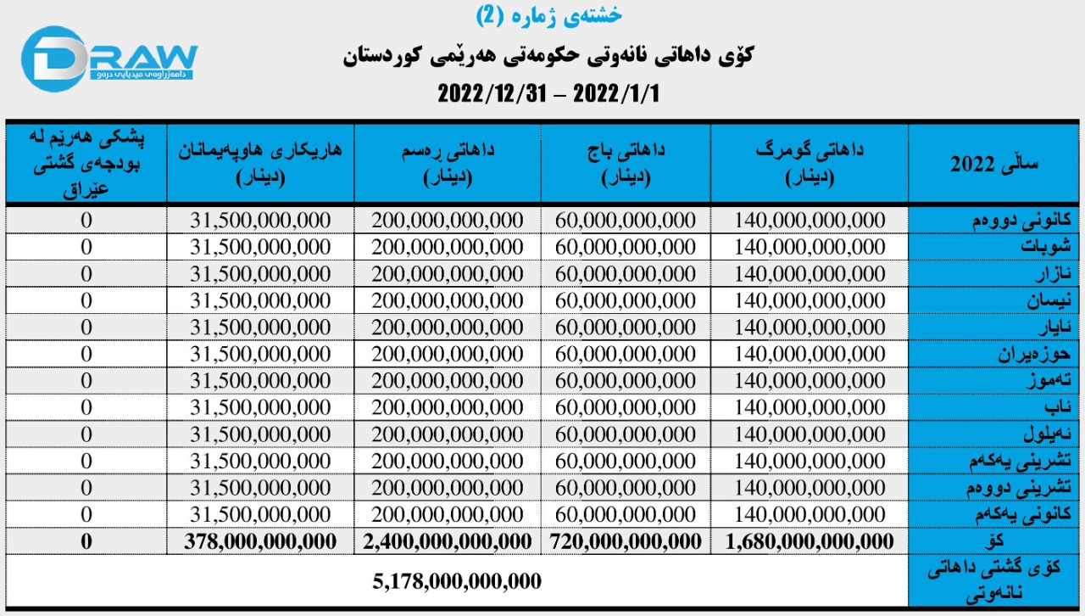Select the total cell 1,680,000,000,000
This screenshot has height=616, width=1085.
point(810,541)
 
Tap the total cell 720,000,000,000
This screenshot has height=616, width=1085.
point(626,541)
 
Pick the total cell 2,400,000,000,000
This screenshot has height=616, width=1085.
point(448,541)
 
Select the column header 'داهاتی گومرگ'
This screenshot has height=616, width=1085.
point(810,162)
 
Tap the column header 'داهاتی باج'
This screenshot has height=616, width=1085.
point(626,162)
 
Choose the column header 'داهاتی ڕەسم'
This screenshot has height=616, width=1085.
point(448,162)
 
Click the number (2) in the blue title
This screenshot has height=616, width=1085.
point(489,14)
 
